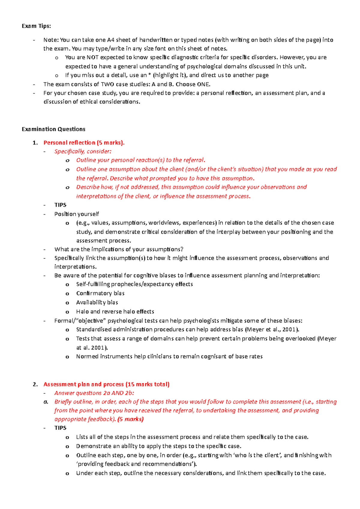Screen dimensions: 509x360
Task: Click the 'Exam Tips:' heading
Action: click(36, 26)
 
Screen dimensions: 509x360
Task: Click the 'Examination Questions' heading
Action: click(53, 129)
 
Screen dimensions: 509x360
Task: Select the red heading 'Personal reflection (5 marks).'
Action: click(84, 143)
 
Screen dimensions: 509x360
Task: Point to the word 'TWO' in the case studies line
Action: click(107, 84)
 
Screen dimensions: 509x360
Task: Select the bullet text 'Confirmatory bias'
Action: click(100, 293)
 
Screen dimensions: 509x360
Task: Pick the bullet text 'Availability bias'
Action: click(97, 302)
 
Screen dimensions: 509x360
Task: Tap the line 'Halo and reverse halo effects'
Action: click(115, 311)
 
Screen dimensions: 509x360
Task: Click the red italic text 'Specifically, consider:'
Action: click(83, 151)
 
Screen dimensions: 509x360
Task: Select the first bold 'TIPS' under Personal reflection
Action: click(60, 205)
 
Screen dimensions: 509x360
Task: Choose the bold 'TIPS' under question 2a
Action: click(60, 428)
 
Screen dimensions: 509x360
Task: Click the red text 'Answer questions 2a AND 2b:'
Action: click(94, 393)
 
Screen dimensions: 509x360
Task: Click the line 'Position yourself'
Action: click(76, 214)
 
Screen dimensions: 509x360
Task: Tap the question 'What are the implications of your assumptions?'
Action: click(118, 249)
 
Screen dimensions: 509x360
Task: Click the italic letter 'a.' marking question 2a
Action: click(46, 402)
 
